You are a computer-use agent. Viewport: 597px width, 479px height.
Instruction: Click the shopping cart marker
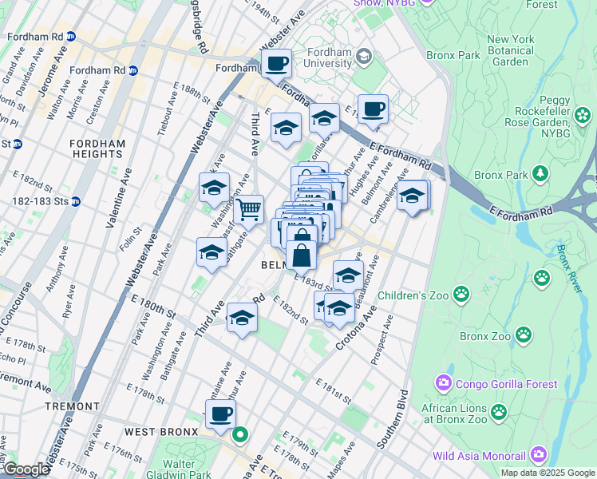(249, 210)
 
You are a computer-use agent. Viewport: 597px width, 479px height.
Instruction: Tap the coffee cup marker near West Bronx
(221, 414)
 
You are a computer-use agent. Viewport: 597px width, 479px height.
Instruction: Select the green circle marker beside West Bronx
(240, 436)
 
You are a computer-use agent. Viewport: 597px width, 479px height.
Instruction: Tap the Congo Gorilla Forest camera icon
(445, 384)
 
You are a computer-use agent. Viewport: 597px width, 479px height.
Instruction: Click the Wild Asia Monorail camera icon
(538, 456)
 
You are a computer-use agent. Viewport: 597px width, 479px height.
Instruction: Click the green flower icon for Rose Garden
(583, 116)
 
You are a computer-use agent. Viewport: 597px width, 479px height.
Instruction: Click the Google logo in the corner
(26, 469)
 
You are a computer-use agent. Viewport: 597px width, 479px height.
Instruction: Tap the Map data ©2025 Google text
(548, 473)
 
